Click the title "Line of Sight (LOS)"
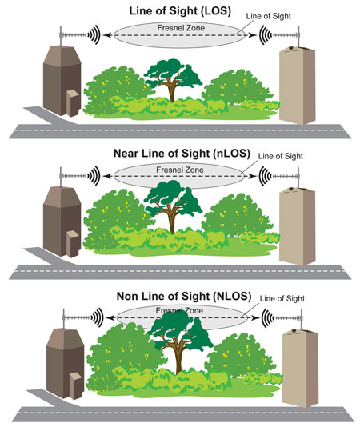(180, 11)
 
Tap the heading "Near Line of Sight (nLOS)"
(182, 153)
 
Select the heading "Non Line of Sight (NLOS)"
(184, 296)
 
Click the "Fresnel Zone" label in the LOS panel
(181, 28)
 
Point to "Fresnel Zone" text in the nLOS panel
(179, 170)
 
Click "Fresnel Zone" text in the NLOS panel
(179, 310)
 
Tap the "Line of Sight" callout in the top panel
(269, 16)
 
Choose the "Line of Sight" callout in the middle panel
(281, 156)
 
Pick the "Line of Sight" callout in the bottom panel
(282, 298)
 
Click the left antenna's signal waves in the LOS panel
(94, 34)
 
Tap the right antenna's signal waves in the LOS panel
(265, 35)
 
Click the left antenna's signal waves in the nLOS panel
(94, 176)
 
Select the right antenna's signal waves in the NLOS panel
(268, 317)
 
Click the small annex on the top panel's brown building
(73, 102)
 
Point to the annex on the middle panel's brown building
(73, 243)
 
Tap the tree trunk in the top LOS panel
(172, 90)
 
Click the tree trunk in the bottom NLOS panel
(178, 360)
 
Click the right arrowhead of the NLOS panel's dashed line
(256, 317)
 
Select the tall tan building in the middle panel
(297, 226)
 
